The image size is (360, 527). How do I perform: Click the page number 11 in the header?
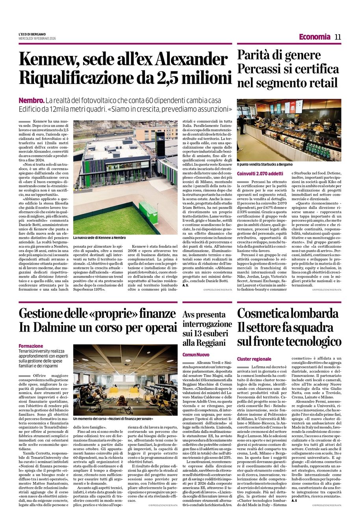338,37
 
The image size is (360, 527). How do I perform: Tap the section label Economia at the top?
314,37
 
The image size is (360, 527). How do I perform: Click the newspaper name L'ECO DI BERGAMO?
32,34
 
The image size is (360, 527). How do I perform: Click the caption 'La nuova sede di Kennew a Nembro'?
99,238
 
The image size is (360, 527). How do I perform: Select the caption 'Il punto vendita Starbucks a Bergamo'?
265,164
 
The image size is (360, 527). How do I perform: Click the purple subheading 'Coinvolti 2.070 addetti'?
260,173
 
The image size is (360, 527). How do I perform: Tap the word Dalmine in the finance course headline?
60,327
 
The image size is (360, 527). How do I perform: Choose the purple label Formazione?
31,346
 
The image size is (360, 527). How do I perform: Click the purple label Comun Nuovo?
196,355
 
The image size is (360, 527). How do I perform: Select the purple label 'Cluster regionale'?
254,359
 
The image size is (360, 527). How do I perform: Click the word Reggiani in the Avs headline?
210,343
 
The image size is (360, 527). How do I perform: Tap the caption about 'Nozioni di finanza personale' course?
113,419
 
